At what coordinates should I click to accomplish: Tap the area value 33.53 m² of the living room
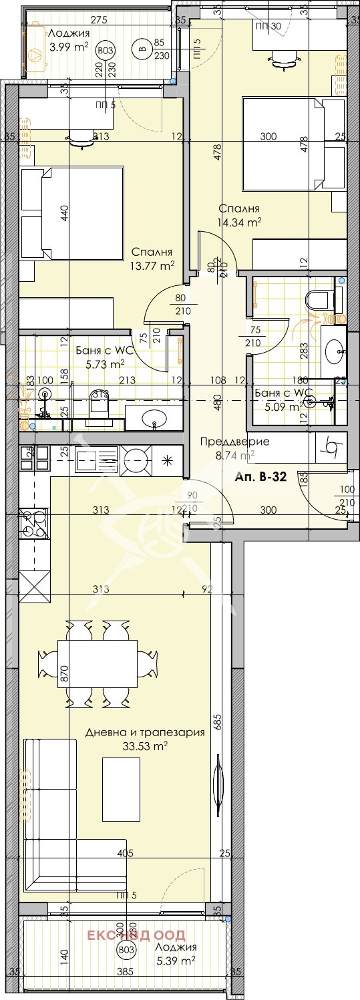[145, 746]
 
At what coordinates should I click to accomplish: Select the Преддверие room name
[235, 442]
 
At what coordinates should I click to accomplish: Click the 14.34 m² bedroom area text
[238, 223]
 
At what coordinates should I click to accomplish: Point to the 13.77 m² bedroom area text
[152, 265]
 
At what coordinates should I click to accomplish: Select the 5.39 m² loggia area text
[174, 961]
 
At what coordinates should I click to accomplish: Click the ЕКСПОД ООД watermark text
[135, 935]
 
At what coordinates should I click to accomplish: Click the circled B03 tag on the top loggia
[105, 49]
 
